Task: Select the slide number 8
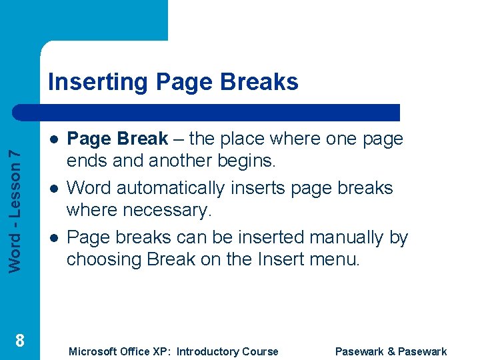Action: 20,341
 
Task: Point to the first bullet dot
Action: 53,139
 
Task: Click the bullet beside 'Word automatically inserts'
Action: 53,189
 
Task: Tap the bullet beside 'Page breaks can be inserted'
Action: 53,237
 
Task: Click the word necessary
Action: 171,210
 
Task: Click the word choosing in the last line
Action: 106,259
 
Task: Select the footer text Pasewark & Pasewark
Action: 391,351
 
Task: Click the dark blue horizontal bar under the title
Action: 220,113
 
